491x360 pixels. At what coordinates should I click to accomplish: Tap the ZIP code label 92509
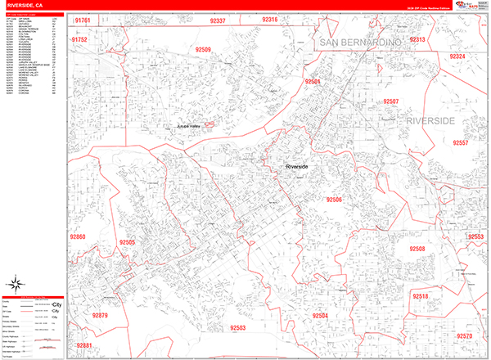203,50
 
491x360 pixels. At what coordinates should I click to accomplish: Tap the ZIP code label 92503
238,327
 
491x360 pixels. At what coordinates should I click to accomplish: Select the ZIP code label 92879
100,315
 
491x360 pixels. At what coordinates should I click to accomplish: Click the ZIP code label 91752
80,39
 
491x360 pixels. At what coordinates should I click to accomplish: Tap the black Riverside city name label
297,166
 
